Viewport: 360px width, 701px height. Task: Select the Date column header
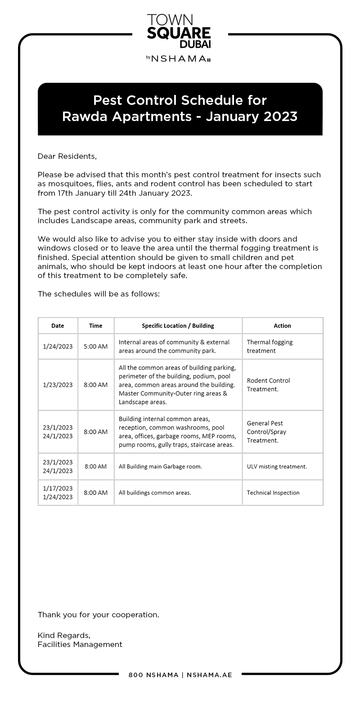58,326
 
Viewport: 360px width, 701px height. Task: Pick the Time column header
96,326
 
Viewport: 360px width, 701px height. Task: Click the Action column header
282,326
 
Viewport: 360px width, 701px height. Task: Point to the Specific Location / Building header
178,326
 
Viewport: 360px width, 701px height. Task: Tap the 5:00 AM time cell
96,346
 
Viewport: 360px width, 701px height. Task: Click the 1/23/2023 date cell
58,385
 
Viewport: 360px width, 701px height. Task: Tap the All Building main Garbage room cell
160,467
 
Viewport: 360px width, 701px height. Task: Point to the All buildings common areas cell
155,493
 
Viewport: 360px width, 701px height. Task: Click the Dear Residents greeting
67,157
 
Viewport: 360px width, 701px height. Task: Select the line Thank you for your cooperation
98,615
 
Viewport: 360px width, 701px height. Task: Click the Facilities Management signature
80,644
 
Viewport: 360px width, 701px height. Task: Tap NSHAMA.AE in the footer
209,675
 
